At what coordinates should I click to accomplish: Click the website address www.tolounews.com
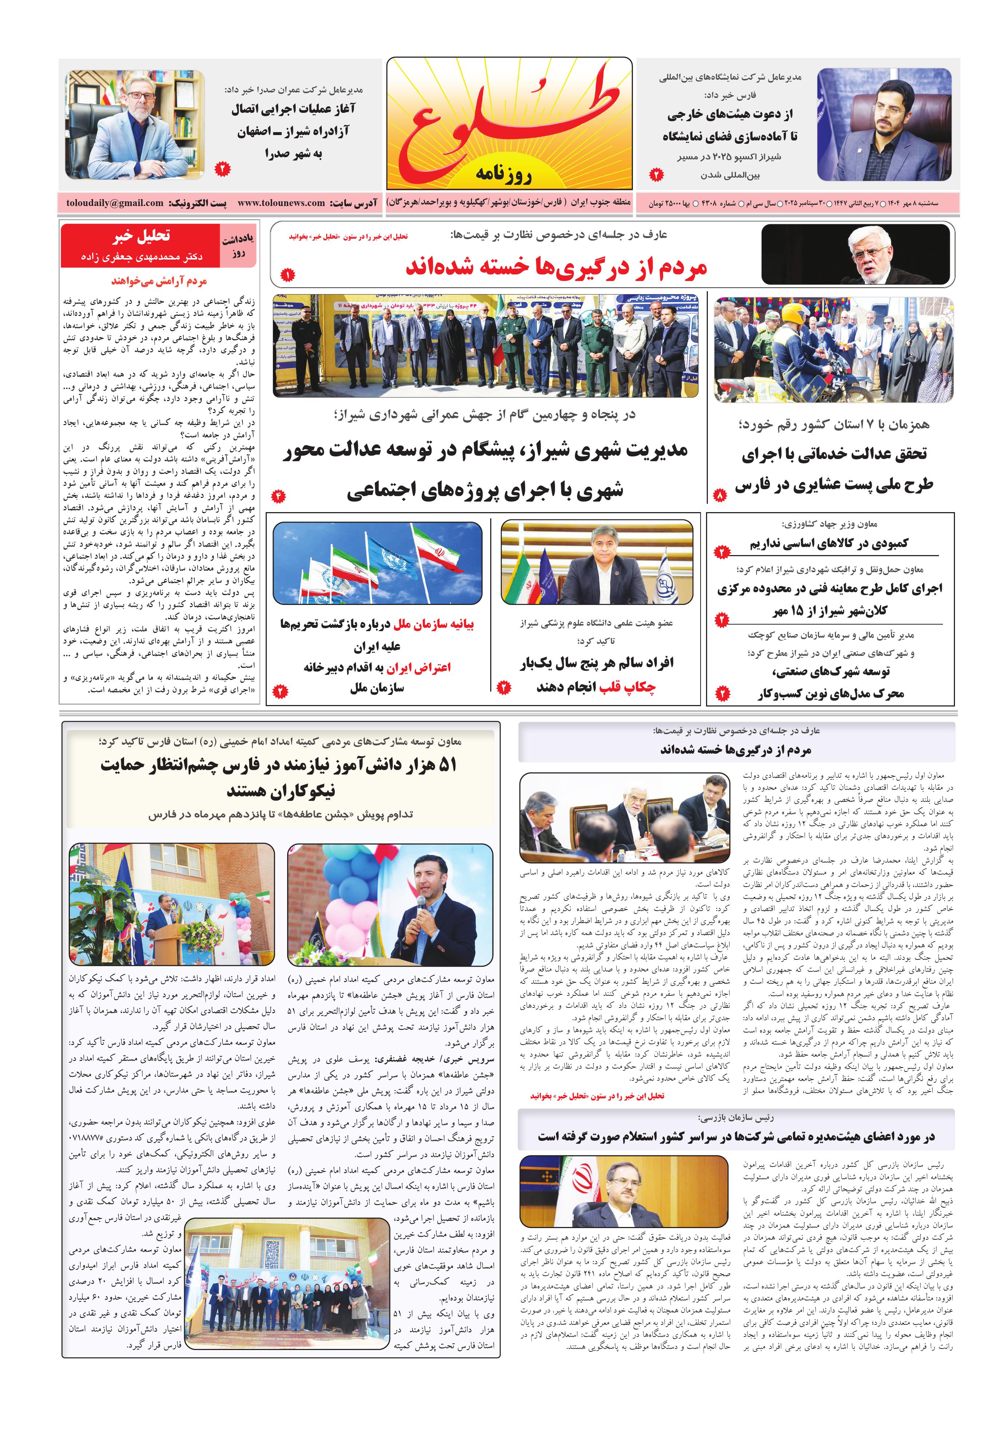tap(281, 203)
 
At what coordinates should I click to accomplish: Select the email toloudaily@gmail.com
tap(115, 203)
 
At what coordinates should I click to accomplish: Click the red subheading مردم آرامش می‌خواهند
tap(159, 281)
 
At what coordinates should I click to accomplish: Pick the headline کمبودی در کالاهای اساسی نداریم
tap(829, 543)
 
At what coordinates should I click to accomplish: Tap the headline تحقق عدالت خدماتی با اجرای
tap(834, 454)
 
